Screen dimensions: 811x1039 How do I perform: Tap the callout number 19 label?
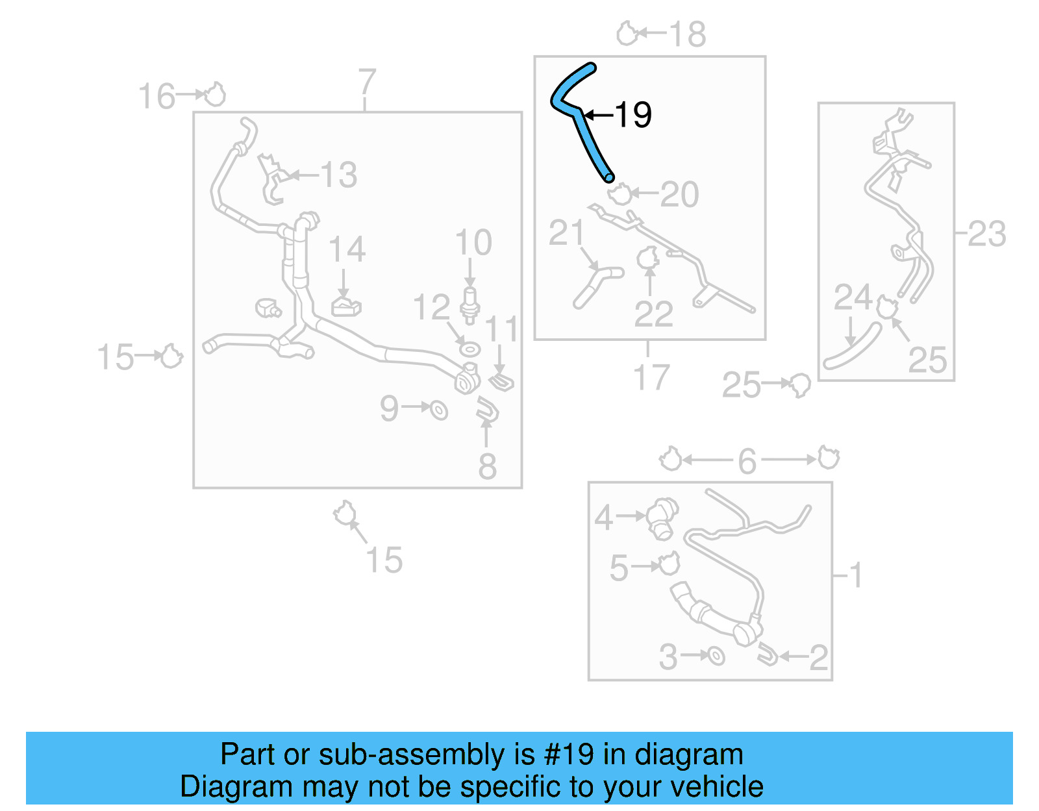coord(633,115)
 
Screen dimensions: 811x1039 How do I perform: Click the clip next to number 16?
coord(215,95)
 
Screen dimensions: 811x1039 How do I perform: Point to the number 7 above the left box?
coord(367,82)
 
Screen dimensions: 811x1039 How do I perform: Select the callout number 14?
coord(347,249)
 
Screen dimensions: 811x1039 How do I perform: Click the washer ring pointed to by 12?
coord(469,349)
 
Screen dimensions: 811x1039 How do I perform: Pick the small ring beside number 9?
coord(440,410)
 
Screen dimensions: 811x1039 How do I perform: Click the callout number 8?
coord(487,466)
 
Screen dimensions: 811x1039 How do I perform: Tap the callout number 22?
coord(653,314)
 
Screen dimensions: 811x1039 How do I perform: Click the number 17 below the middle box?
coord(651,377)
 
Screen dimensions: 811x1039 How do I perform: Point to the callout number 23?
coord(986,234)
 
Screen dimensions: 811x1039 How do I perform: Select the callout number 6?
coord(747,461)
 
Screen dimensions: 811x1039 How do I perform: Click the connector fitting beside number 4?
coord(663,518)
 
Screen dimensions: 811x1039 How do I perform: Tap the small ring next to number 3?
coord(716,656)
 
